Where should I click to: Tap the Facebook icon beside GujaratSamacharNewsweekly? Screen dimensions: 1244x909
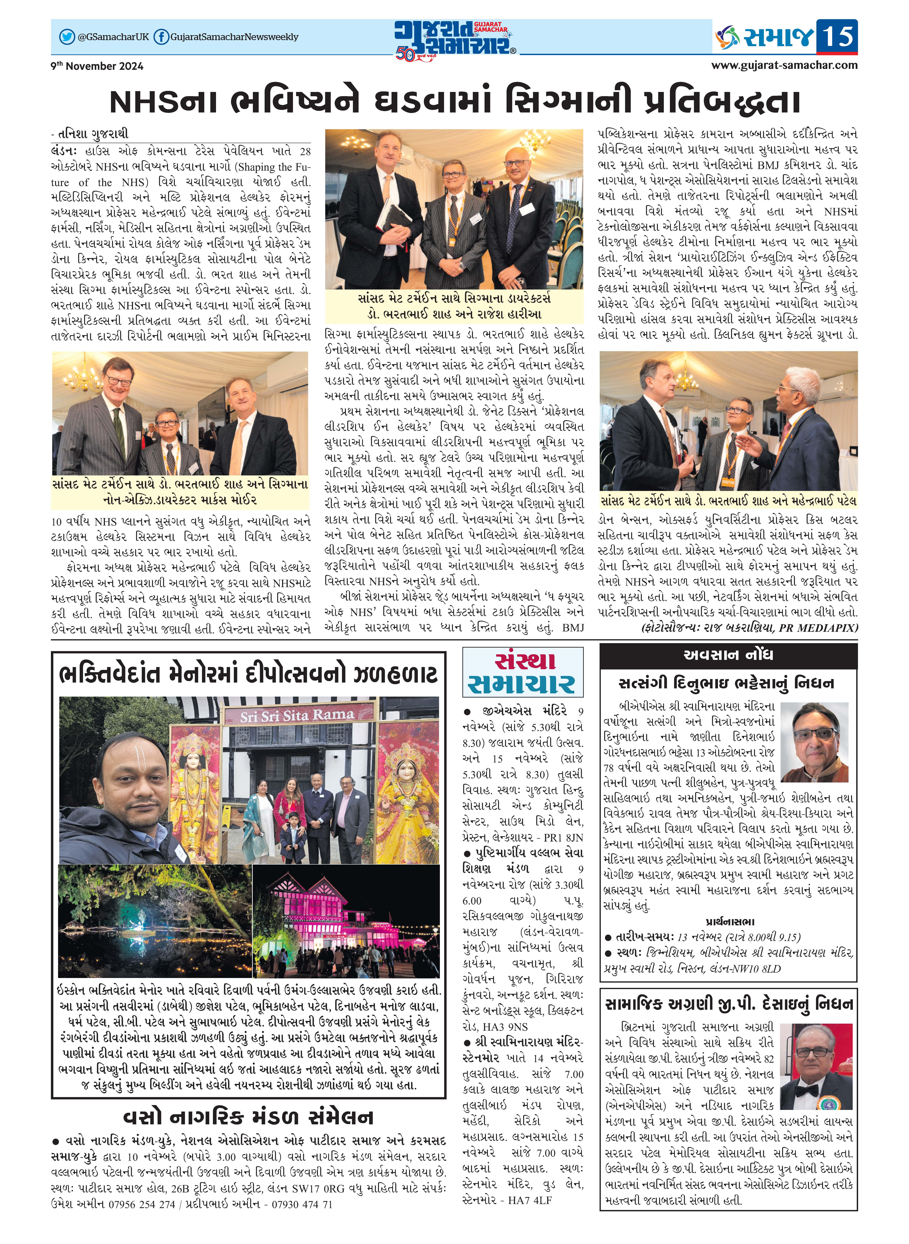click(161, 37)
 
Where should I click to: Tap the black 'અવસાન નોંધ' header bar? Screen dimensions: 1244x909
click(728, 655)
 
